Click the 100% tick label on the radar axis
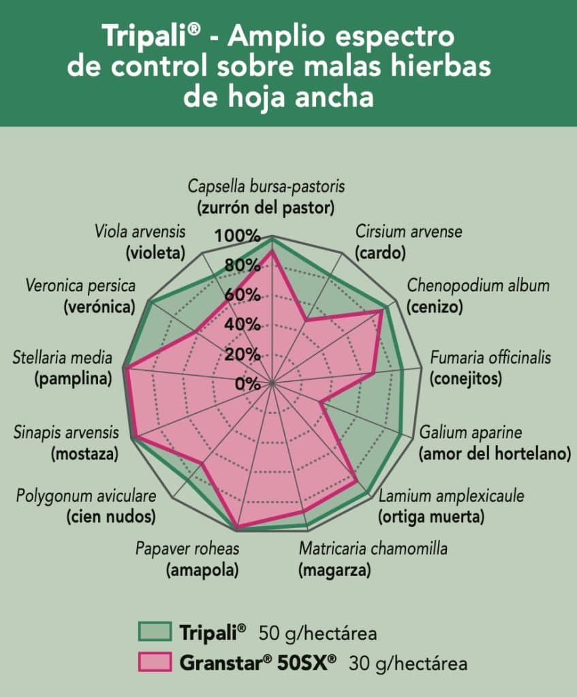238,236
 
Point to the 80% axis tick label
241,265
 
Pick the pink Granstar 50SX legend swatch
154,662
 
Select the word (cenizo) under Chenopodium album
435,307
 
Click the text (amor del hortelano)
495,453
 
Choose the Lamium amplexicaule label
452,496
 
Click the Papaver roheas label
187,549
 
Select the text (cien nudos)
110,517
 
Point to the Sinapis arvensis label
66,432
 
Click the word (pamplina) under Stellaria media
73,378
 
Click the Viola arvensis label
140,231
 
